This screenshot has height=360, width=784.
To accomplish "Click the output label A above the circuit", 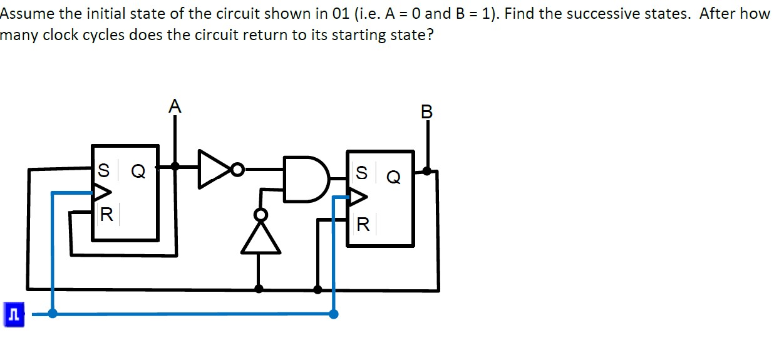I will [x=175, y=106].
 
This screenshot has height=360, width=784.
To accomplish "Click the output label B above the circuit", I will [x=427, y=112].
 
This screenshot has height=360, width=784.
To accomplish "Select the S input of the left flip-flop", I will [x=104, y=170].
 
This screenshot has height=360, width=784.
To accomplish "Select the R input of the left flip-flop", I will [x=106, y=216].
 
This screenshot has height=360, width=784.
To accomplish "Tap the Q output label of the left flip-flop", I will [x=138, y=171].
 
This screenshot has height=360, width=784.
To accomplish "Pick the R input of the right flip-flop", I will [x=363, y=224].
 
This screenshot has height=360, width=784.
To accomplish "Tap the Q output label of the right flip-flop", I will [x=393, y=178].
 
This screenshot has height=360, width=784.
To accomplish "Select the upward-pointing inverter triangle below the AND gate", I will [x=259, y=239].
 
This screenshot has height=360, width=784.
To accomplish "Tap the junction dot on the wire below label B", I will [x=427, y=170].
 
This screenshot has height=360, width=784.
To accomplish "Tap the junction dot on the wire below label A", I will [x=175, y=167].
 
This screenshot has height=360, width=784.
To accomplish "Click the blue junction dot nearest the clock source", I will [x=53, y=313].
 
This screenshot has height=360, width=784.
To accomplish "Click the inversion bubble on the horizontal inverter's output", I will [x=237, y=168].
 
